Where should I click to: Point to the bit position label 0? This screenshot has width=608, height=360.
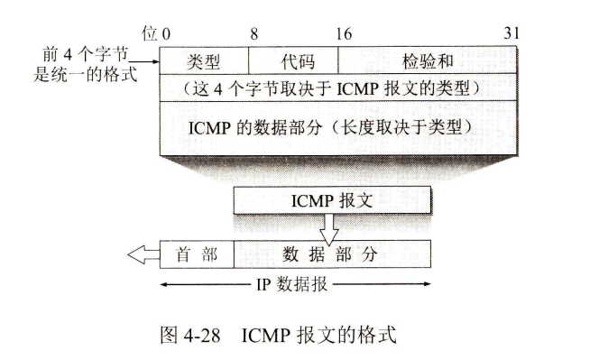(x=166, y=34)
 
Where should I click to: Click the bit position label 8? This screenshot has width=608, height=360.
(x=253, y=34)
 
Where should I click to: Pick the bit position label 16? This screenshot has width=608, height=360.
(x=344, y=34)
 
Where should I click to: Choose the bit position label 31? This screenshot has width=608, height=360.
(x=512, y=34)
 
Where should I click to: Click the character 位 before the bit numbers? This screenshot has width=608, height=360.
(x=150, y=34)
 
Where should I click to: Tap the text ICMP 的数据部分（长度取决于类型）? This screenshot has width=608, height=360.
(x=339, y=126)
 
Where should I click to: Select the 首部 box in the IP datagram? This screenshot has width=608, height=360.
(x=196, y=255)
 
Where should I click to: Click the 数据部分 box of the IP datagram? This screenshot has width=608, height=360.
(x=331, y=255)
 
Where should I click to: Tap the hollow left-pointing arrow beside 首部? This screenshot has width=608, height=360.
(x=143, y=255)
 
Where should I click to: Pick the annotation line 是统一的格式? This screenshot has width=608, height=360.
(x=85, y=74)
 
